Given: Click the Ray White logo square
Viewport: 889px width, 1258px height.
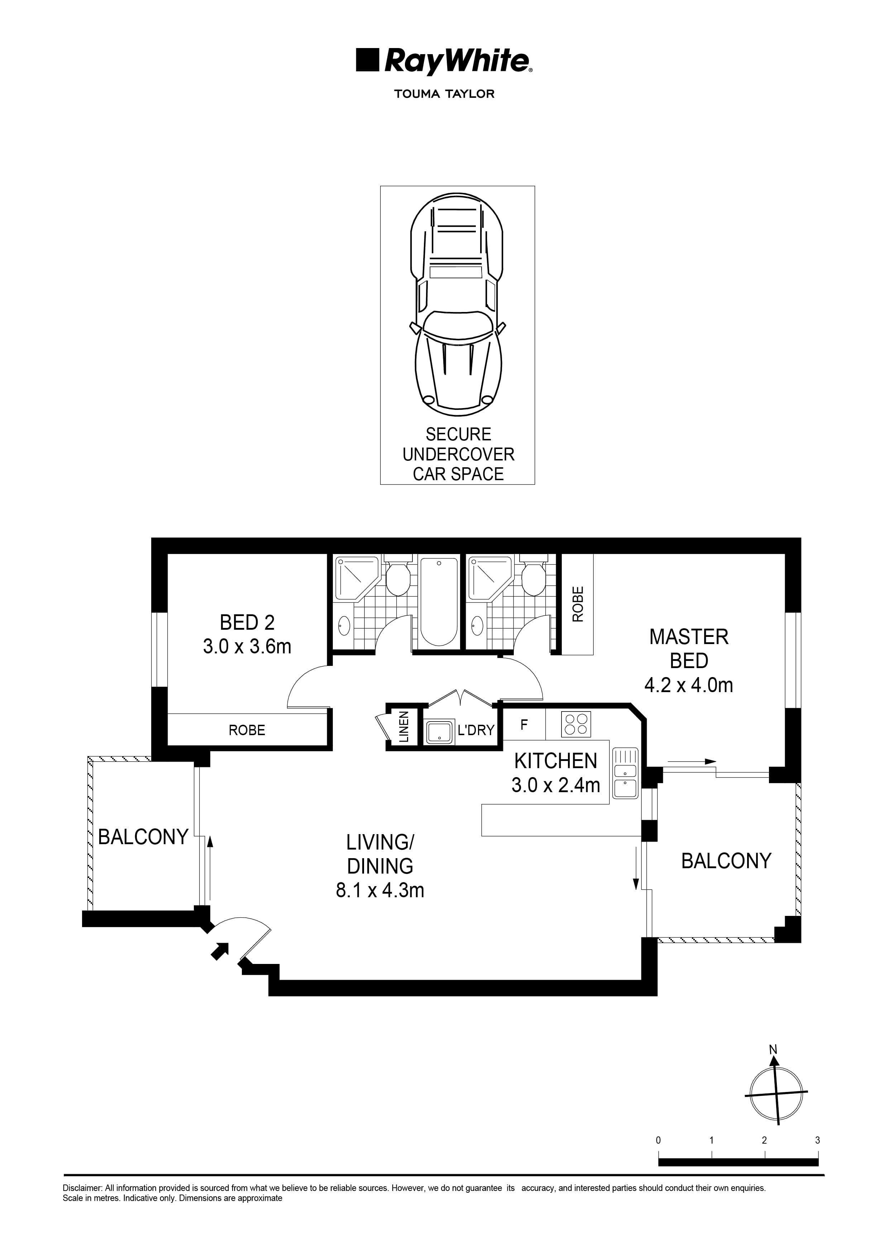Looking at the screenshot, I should [x=367, y=60].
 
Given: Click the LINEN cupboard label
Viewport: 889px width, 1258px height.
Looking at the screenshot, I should [x=403, y=727].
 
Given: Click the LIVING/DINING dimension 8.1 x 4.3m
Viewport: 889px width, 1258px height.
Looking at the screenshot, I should [x=380, y=890].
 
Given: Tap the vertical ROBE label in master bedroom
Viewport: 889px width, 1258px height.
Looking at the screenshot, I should [x=578, y=604].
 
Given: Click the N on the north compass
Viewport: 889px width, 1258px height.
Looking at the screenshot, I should [x=773, y=1050].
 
